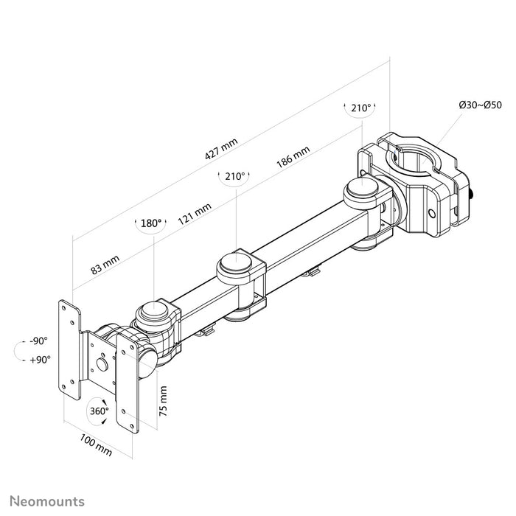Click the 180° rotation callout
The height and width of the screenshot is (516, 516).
[x=150, y=223]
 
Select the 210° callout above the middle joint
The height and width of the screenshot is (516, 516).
[x=234, y=177]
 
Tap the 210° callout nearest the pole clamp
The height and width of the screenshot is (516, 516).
[x=360, y=108]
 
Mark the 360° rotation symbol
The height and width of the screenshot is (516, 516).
[x=99, y=411]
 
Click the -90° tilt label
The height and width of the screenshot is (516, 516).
[x=37, y=341]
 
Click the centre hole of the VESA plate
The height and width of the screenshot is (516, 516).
[x=102, y=364]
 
